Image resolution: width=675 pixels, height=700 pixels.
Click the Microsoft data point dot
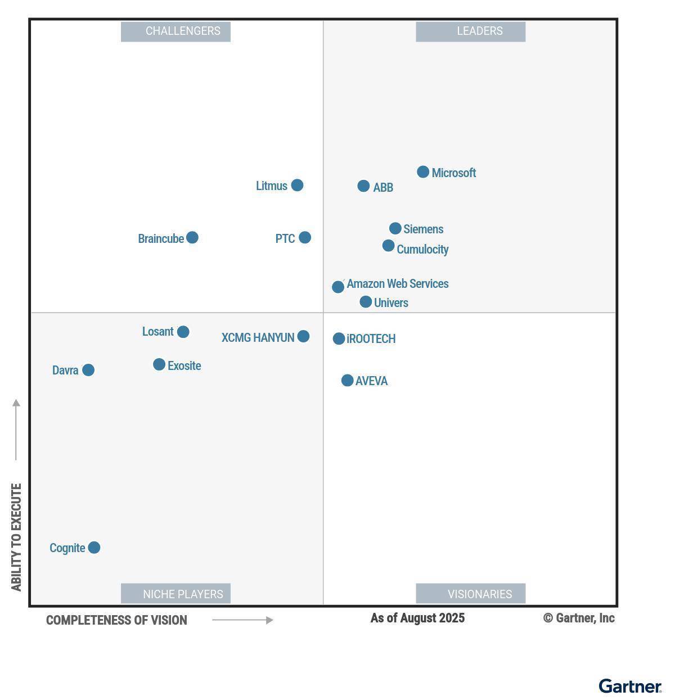423,172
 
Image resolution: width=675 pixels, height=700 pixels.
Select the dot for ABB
363,186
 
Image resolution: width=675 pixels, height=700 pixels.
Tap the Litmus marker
297,185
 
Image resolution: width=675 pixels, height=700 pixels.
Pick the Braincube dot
192,237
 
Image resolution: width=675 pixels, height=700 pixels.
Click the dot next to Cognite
94,548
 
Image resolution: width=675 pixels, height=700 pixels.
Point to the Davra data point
88,370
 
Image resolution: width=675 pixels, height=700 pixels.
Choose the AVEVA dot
348,381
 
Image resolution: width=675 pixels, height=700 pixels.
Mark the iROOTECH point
339,338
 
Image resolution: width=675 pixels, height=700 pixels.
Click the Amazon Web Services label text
398,284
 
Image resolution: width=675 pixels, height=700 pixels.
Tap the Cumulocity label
422,249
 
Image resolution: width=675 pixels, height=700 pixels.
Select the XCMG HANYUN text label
258,338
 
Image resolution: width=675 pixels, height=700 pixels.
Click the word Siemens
424,229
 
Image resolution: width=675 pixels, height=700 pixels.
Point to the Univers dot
366,302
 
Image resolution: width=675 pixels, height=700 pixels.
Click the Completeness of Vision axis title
116,620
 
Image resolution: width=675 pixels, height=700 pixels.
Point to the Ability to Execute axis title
16,537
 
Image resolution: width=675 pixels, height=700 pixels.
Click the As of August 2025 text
417,618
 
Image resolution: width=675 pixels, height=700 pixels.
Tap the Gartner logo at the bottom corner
629,687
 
